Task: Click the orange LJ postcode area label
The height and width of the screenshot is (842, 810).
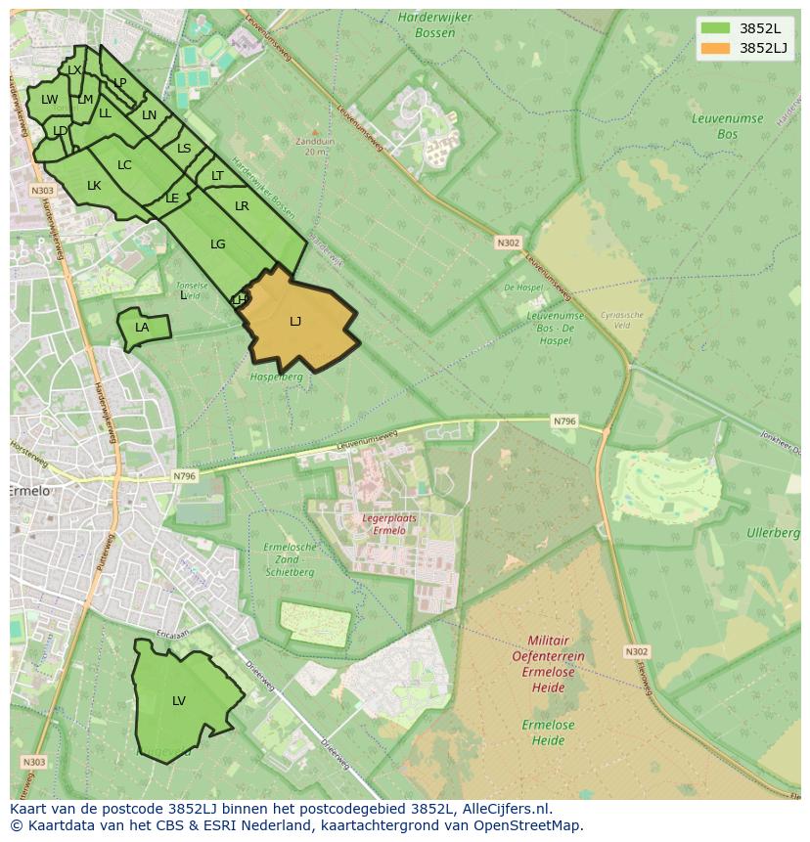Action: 295,321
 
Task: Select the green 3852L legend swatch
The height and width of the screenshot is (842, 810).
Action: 715,28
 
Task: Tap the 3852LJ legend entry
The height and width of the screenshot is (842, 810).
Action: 762,48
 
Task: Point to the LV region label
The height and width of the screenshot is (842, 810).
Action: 179,700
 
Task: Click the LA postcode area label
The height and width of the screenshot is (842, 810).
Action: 142,328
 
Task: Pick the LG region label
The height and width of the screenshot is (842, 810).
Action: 217,244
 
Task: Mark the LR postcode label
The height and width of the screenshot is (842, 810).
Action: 242,206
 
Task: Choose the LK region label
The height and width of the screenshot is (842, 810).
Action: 94,186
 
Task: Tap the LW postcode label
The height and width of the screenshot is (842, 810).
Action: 49,100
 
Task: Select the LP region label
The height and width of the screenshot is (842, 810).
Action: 120,83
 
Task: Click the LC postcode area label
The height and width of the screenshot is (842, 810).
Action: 124,165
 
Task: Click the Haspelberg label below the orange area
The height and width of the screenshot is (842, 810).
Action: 277,377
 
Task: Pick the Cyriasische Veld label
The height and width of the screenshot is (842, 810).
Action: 622,321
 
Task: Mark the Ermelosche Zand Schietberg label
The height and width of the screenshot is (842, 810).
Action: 290,558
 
